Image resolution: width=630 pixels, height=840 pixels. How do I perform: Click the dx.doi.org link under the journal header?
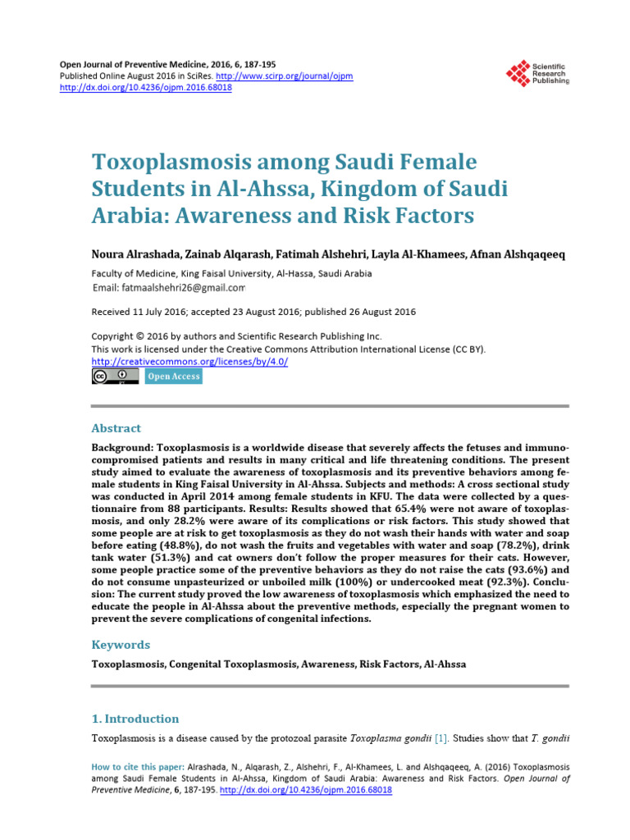coord(147,88)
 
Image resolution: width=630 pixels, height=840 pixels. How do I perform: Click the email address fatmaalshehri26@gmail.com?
coord(180,288)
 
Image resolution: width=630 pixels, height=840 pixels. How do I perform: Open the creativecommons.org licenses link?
coord(189,361)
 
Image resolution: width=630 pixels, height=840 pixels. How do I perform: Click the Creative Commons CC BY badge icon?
coord(115,377)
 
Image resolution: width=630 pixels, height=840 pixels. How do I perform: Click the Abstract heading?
coord(116,428)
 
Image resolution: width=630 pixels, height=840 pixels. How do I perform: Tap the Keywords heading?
coord(121,645)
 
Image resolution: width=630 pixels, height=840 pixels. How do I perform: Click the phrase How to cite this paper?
coord(132,767)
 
